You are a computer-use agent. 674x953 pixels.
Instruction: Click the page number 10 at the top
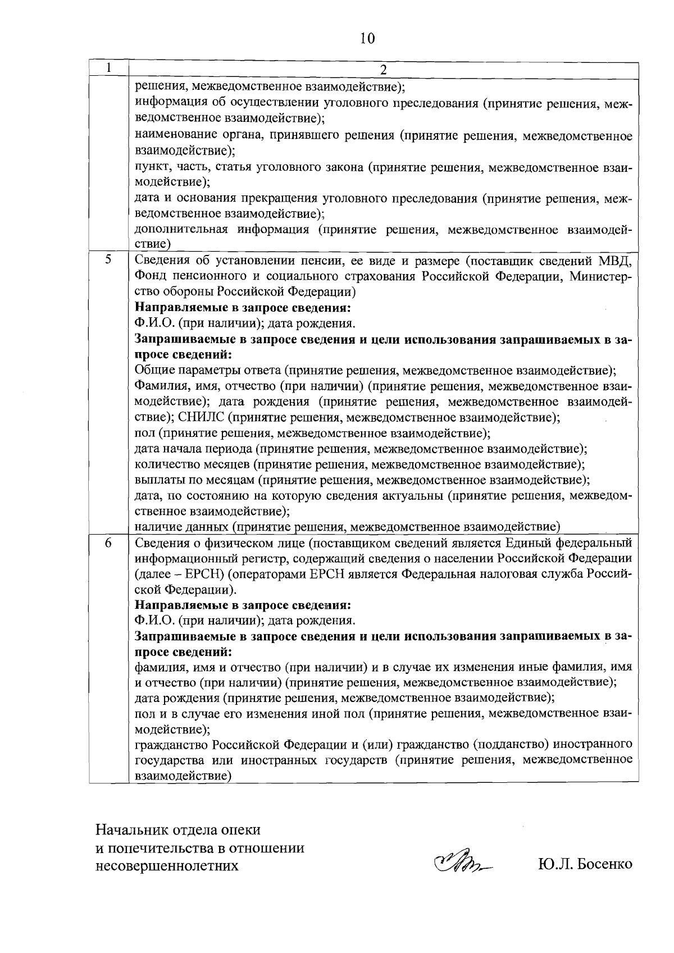click(366, 38)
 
